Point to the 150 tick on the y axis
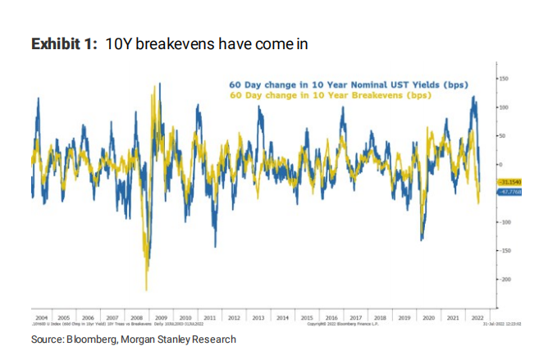pyautogui.click(x=503, y=79)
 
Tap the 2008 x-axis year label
pyautogui.click(x=135, y=317)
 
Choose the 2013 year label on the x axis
pyautogui.click(x=258, y=317)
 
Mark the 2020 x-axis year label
pyautogui.click(x=427, y=317)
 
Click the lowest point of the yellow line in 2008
pyautogui.click(x=146, y=289)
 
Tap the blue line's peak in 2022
pyautogui.click(x=473, y=97)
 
